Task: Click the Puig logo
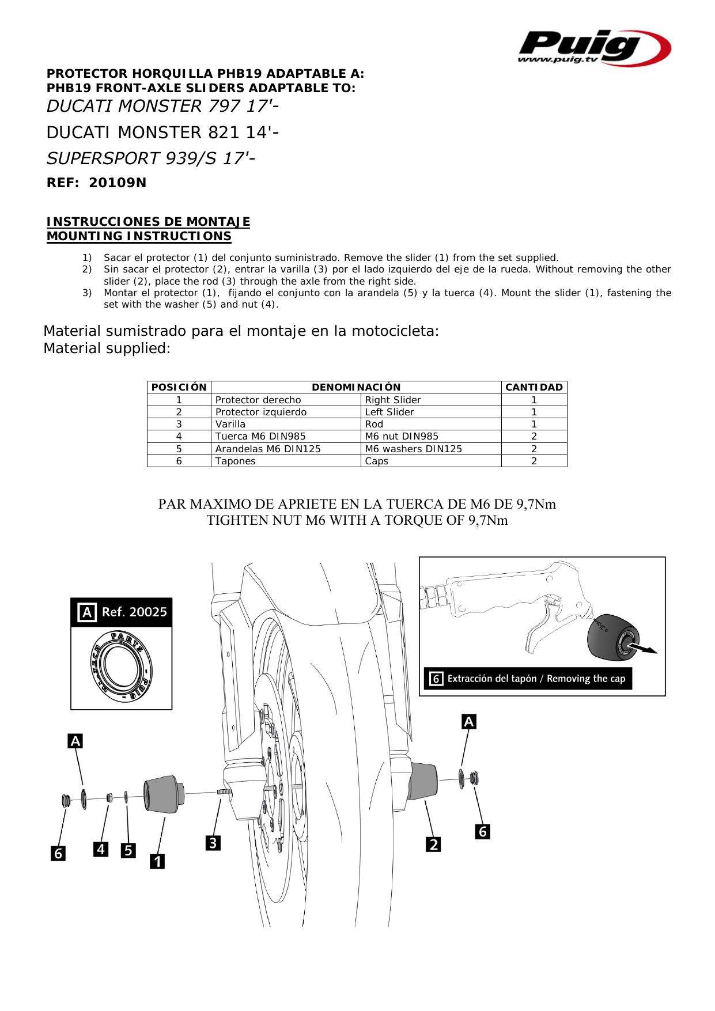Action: pyautogui.click(x=595, y=47)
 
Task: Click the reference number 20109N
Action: pyautogui.click(x=118, y=183)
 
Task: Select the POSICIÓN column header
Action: pyautogui.click(x=179, y=387)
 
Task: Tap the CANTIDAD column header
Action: pyautogui.click(x=534, y=387)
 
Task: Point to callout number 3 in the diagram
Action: pyautogui.click(x=213, y=843)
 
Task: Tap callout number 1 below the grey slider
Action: pyautogui.click(x=157, y=861)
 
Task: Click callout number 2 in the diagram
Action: pyautogui.click(x=433, y=845)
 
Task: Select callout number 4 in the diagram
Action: pyautogui.click(x=101, y=849)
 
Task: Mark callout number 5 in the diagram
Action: pyautogui.click(x=128, y=850)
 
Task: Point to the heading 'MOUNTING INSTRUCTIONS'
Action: pyautogui.click(x=139, y=236)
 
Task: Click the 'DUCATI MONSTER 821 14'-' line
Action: pyautogui.click(x=163, y=132)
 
